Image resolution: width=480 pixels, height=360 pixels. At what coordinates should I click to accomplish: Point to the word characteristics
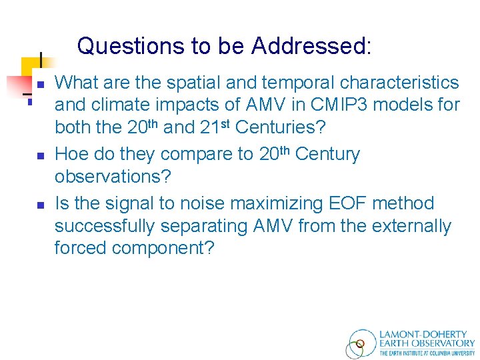click(x=399, y=83)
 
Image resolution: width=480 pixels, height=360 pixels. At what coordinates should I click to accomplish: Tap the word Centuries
click(x=281, y=127)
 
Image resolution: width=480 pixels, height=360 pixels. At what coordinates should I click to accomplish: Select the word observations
click(x=113, y=177)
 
